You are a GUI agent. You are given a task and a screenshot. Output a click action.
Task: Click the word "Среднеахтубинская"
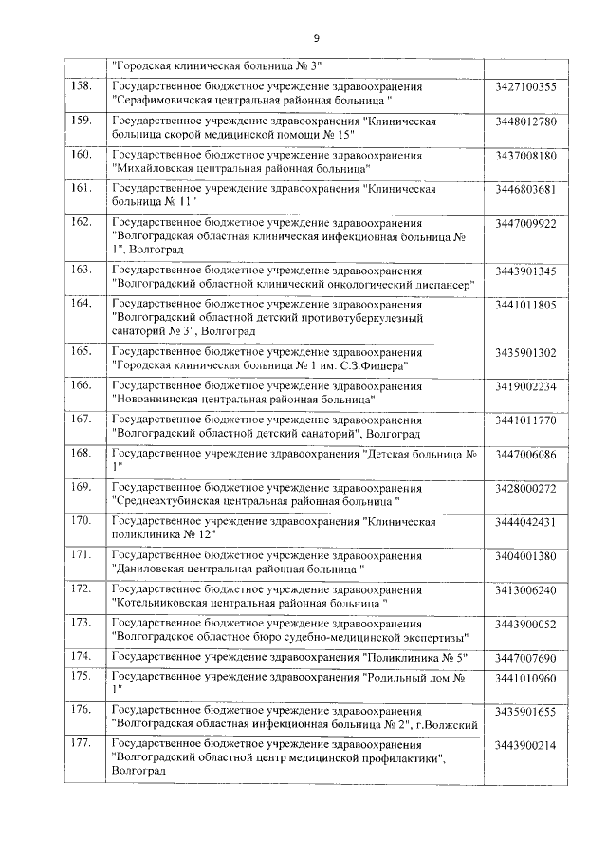tap(171, 500)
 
